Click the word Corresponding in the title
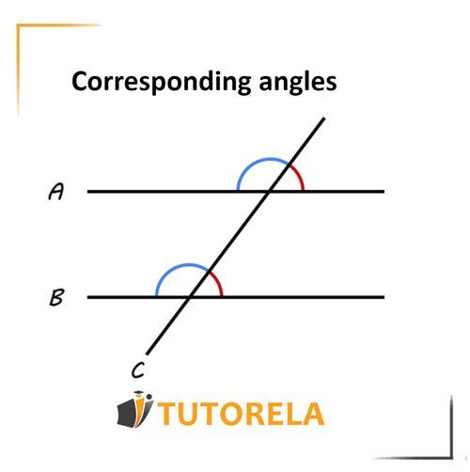pos(162,82)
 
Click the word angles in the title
pos(298,82)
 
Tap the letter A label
pos(56,191)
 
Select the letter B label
pos(56,297)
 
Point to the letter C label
pos(138,370)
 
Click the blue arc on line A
pos(263,160)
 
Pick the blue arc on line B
pos(181,265)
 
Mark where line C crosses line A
pos(269,191)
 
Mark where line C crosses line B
pos(190,297)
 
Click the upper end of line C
pos(324,118)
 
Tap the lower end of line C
pos(147,354)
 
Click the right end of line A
pos(384,191)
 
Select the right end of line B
pos(384,297)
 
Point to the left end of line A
pos(87,191)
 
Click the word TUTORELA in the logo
pos(241,414)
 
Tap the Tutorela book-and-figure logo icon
pos(135,410)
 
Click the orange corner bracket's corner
pos(18,25)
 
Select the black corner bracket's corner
pos(452,458)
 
